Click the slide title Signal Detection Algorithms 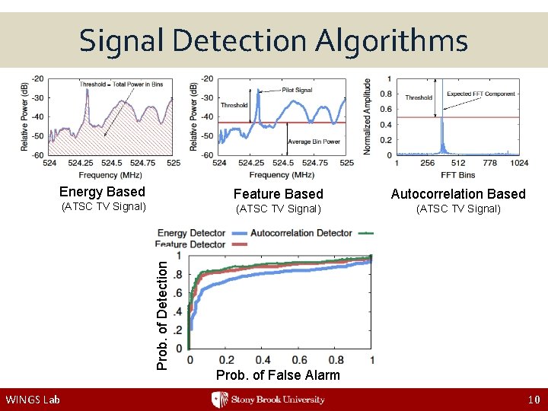tap(273, 40)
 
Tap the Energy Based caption tap(102, 192)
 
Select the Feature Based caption tap(278, 194)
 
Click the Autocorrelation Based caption tap(458, 194)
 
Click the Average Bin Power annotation tap(314, 142)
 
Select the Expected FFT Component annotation tap(480, 94)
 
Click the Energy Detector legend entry tap(192, 233)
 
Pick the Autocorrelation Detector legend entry tap(301, 233)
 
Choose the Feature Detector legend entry tap(190, 244)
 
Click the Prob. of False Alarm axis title tap(278, 375)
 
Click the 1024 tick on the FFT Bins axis tap(519, 162)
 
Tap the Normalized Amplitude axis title tap(368, 116)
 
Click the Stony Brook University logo tap(268, 400)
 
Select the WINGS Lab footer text tap(32, 400)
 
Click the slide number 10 tap(533, 400)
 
